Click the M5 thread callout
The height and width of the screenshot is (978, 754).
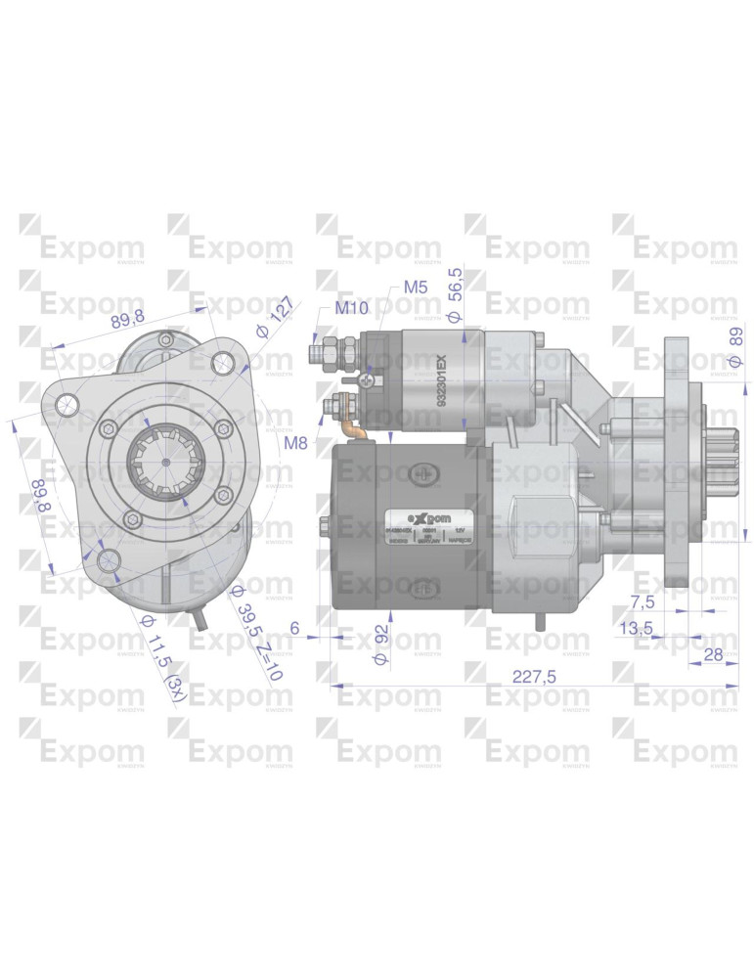pyautogui.click(x=415, y=288)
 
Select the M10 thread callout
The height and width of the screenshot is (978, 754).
pyautogui.click(x=350, y=309)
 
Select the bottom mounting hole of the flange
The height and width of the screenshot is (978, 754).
pyautogui.click(x=109, y=559)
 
